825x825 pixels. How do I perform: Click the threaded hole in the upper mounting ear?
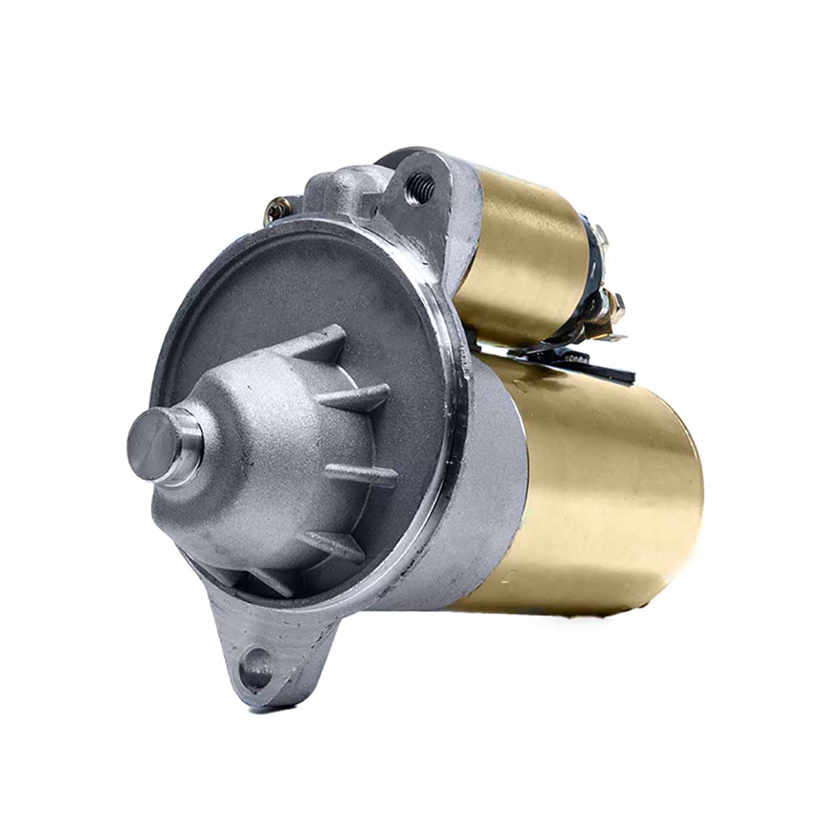pyautogui.click(x=420, y=184)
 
